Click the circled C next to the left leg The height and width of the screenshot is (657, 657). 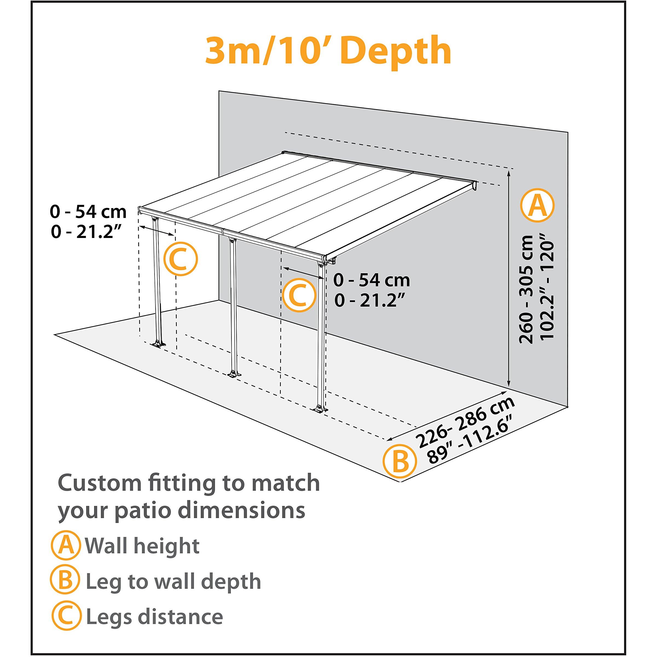pos(180,259)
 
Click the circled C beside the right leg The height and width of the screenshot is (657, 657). pos(299,295)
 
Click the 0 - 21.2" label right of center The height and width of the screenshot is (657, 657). pos(371,300)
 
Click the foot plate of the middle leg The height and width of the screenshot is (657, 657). pos(234,374)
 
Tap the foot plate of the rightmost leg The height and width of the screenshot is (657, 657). pos(320,409)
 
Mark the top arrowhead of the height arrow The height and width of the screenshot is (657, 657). pos(509,173)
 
